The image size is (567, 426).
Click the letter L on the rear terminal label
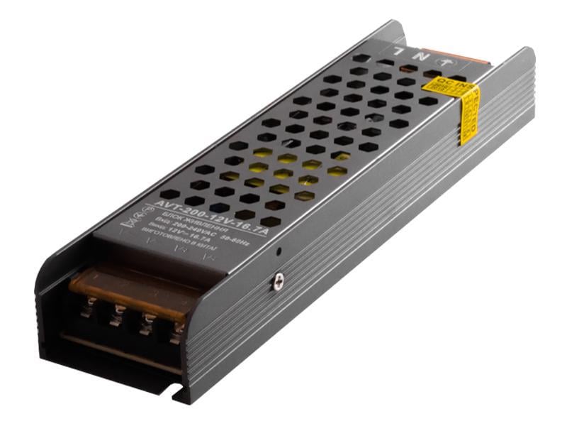(x=399, y=50)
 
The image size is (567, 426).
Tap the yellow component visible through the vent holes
(x=283, y=170)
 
